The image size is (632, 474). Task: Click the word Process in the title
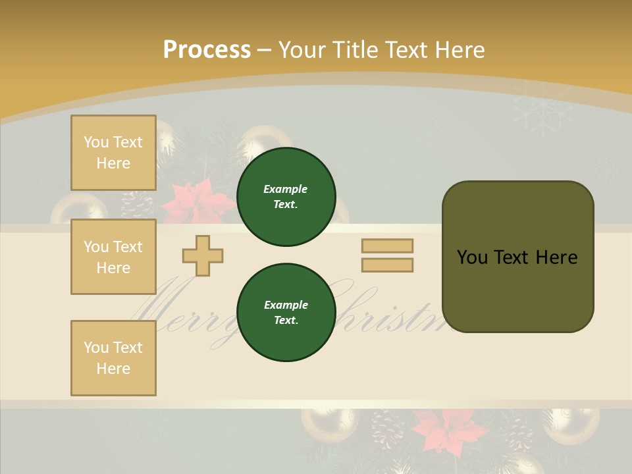point(207,50)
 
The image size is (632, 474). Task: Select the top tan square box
point(113,153)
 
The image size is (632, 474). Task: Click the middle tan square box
point(113,257)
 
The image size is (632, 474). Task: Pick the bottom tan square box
point(113,357)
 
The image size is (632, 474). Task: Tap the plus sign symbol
point(203,255)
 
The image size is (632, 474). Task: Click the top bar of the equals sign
point(387,246)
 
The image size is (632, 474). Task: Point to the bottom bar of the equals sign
point(387,265)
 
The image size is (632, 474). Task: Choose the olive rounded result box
point(517,257)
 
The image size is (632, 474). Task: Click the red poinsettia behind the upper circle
point(191,201)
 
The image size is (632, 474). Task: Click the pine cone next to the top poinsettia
point(139,204)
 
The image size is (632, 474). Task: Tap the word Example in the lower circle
point(286,305)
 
